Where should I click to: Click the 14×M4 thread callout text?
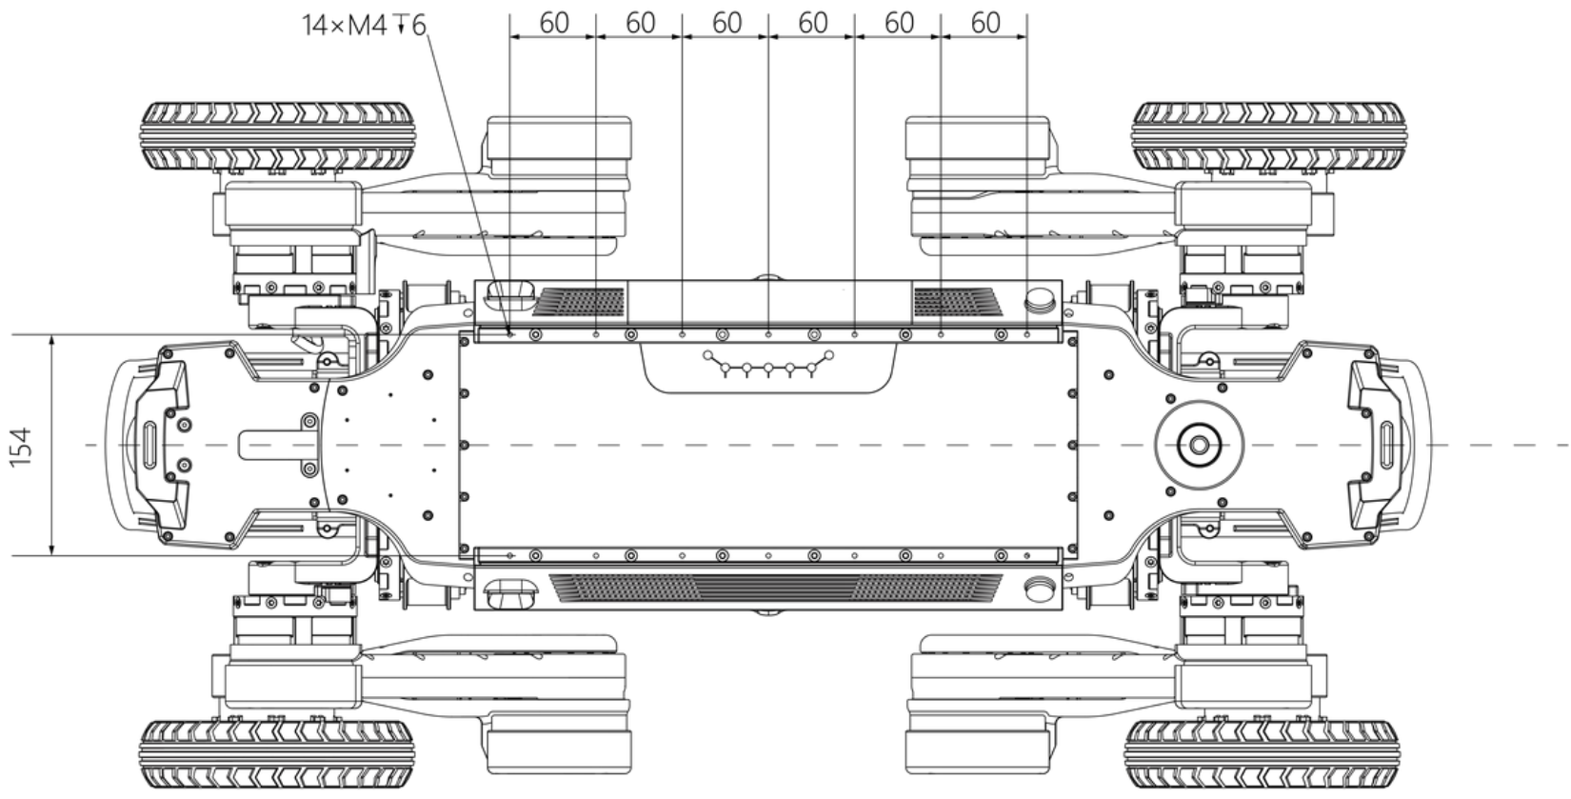(363, 25)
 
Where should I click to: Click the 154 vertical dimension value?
(21, 446)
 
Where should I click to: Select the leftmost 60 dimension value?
(553, 22)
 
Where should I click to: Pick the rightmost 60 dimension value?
(984, 22)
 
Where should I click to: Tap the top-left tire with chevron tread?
(277, 135)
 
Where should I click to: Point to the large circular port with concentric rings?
(1199, 444)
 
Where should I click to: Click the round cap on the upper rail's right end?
(1040, 301)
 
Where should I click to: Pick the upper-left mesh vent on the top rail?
(578, 303)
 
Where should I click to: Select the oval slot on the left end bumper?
(151, 444)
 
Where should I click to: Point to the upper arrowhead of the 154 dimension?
(51, 340)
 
